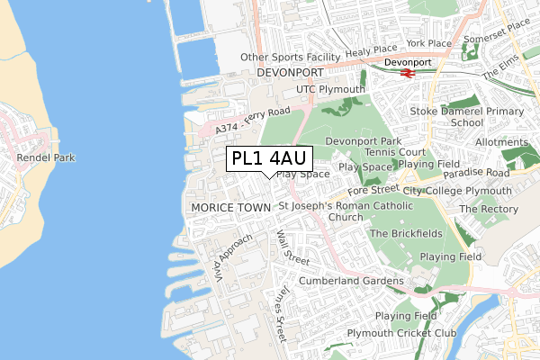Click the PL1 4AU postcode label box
(267, 158)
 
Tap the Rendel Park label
(45, 157)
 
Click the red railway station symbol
(407, 72)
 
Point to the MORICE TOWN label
(231, 207)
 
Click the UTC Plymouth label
(331, 90)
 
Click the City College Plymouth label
(457, 192)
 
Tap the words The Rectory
(489, 209)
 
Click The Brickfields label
(404, 234)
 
